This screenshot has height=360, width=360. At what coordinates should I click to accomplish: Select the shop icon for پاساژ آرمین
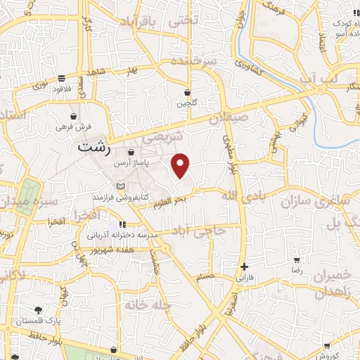coord(131,152)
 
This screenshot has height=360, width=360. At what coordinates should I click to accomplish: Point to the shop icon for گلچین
coord(187,92)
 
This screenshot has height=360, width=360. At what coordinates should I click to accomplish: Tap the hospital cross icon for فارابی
coord(244,266)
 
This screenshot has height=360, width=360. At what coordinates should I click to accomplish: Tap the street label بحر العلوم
coord(171,201)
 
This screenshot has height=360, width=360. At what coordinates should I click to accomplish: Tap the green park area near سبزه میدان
coord(29,193)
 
